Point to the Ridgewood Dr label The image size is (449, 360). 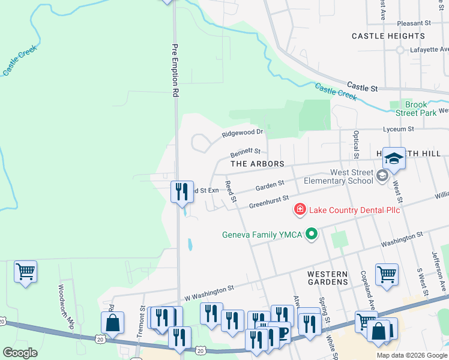pos(243,132)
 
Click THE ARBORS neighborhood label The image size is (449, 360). pos(257,164)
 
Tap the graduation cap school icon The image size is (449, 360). pos(394,158)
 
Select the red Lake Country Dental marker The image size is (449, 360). pos(299,209)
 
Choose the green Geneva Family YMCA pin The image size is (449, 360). pos(311,234)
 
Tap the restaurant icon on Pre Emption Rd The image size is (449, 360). pos(182,192)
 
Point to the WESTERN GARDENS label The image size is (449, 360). pos(327,277)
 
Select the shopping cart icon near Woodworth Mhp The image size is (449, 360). pos(26,272)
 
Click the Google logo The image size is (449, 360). pos(20,352)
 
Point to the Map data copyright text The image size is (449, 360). pos(411,355)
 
